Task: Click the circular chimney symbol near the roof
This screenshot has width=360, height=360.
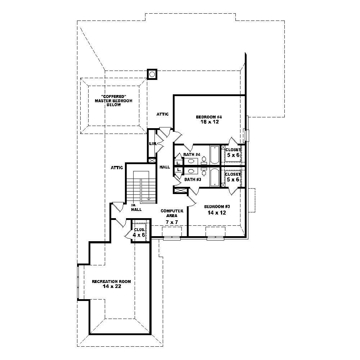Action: [152, 74]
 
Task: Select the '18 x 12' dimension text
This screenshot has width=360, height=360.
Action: [210, 122]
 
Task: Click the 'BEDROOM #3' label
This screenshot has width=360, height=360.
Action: [217, 207]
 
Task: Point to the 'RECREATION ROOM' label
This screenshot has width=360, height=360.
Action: [111, 282]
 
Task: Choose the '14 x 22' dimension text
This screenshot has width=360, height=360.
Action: [111, 287]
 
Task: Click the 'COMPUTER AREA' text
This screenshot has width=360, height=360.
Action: [172, 213]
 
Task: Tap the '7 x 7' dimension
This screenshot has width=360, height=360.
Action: [172, 222]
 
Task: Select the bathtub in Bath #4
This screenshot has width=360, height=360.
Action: [215, 154]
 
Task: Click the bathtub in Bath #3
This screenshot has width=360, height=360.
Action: [215, 177]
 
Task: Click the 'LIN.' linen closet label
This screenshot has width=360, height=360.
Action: [152, 144]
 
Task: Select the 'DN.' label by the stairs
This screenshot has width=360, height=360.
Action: [133, 205]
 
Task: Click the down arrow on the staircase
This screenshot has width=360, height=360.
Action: [148, 198]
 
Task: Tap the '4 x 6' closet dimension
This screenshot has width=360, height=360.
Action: [139, 235]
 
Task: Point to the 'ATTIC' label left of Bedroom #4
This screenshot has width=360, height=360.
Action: [162, 114]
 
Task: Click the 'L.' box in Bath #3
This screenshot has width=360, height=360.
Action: [179, 170]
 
